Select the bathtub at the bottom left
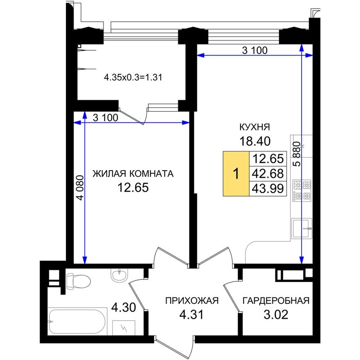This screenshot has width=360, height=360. (77, 322)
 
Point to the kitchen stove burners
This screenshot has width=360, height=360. (301, 190)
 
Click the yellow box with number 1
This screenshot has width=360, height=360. (236, 173)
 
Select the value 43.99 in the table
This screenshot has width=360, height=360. (268, 189)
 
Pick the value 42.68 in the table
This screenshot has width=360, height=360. (268, 173)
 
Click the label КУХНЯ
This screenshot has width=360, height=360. (255, 127)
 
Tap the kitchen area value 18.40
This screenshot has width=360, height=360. (255, 142)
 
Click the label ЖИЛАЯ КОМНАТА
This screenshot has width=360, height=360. (133, 173)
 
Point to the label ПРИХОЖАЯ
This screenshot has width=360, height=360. (192, 301)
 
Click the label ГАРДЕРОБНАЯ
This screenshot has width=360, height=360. (276, 301)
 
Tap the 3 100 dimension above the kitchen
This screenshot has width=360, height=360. (254, 51)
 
